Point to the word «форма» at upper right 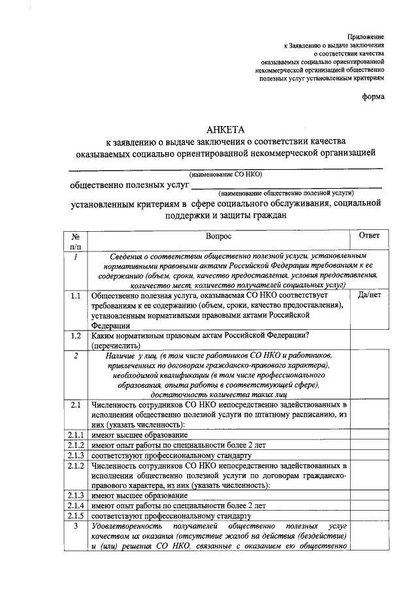coord(374,97)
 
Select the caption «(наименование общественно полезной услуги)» coord(287,194)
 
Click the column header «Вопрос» coord(218,236)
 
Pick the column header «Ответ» coord(370,235)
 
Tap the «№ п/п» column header coord(75,241)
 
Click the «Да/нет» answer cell coord(370,295)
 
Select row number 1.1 coord(75,296)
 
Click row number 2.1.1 coord(76,436)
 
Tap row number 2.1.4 coord(76,505)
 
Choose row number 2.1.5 coord(76,516)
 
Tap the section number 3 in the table coord(76,526)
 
